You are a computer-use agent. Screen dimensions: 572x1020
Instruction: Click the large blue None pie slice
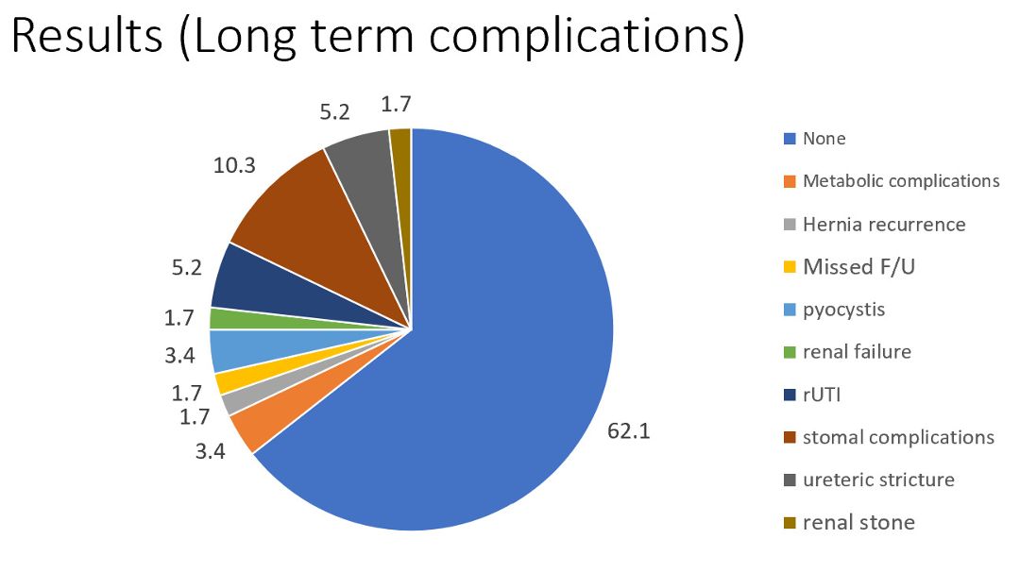491,378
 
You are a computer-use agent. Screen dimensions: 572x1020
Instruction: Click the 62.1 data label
628,432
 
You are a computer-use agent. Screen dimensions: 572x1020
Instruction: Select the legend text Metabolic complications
900,180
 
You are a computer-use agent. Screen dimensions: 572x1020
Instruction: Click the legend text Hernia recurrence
883,225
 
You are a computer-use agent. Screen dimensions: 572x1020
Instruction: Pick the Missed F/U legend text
858,267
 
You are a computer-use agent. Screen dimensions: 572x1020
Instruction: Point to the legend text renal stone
858,523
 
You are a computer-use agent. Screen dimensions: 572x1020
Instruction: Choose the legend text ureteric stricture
878,479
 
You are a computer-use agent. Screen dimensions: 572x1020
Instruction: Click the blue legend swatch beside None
790,139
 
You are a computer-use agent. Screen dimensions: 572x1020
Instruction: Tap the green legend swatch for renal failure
790,352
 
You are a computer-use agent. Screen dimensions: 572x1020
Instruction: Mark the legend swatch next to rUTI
790,395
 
